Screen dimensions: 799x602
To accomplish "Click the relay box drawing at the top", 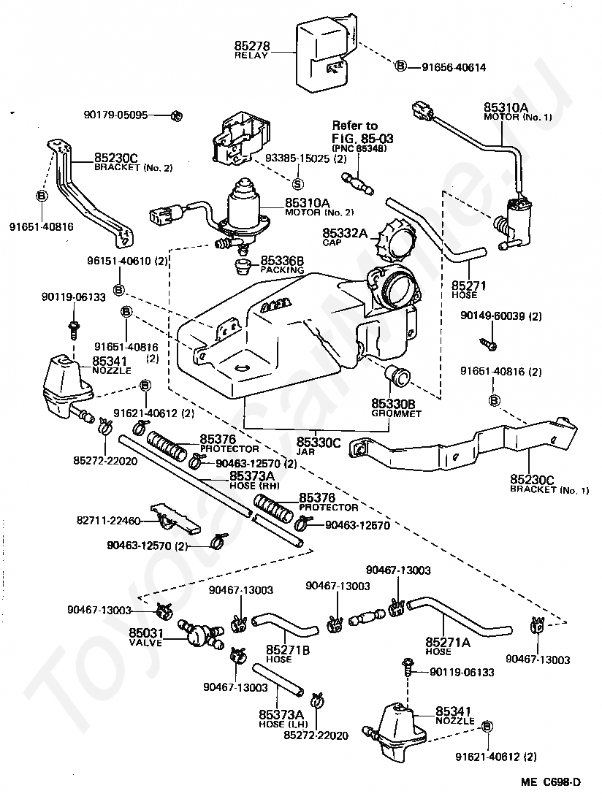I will tap(325, 55).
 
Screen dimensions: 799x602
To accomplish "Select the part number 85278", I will tap(252, 45).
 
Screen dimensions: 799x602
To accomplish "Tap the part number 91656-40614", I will tap(454, 67).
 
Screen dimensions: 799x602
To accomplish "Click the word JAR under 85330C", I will tap(316, 453).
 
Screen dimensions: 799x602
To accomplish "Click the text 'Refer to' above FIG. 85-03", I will tap(354, 126).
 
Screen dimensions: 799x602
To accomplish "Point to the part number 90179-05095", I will tap(115, 115).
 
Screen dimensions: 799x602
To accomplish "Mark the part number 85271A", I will tap(447, 642).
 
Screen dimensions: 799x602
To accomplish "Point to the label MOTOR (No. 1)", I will tap(517, 117).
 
